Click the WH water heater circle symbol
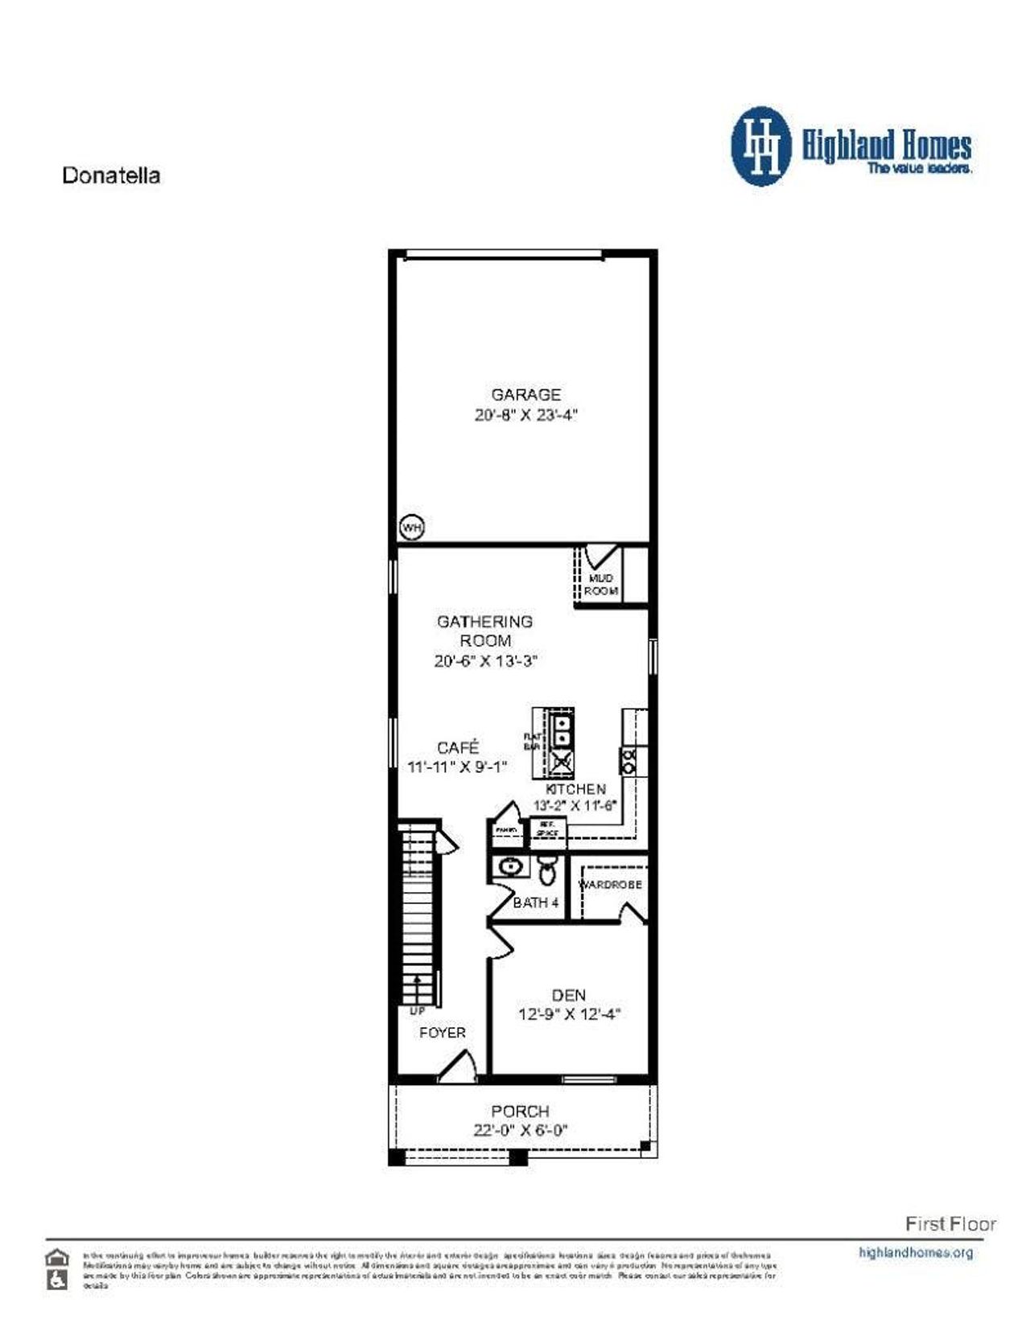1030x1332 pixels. click(x=412, y=528)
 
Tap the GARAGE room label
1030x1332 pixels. click(x=525, y=394)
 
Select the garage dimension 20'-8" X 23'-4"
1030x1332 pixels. click(x=526, y=415)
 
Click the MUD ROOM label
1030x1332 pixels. click(x=600, y=584)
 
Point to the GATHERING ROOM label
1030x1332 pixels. click(x=484, y=631)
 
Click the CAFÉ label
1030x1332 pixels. click(x=458, y=747)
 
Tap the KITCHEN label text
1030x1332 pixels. click(x=575, y=789)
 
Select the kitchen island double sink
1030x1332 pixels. click(x=562, y=730)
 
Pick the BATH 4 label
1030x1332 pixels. click(x=535, y=902)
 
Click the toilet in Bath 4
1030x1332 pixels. click(x=548, y=870)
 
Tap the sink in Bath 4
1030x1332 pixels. click(x=509, y=867)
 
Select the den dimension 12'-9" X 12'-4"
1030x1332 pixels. click(x=569, y=1014)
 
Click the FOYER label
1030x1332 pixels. click(x=442, y=1032)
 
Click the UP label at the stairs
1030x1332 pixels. click(x=417, y=1010)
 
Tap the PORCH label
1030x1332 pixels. click(x=520, y=1111)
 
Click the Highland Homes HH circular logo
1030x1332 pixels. click(x=760, y=146)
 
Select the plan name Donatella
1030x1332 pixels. click(x=111, y=175)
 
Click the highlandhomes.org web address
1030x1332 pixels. click(x=916, y=1252)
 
